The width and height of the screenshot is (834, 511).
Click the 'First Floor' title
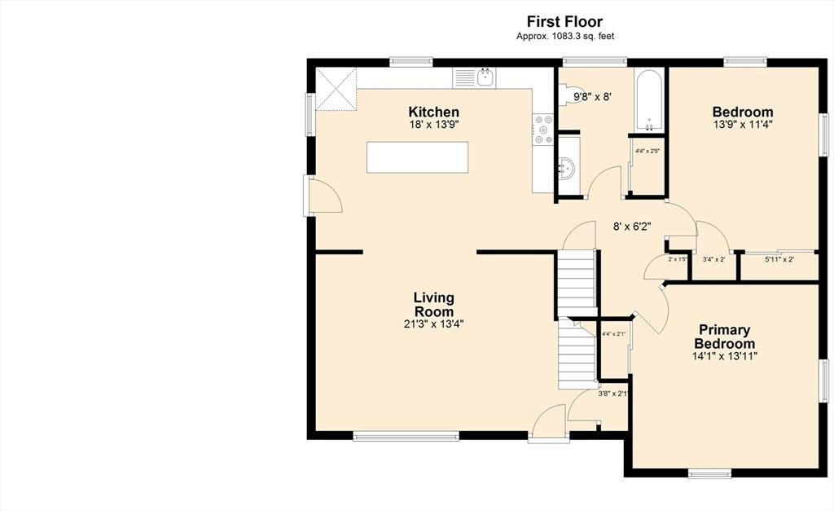point(564,22)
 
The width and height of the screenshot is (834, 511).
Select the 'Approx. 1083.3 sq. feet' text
point(564,36)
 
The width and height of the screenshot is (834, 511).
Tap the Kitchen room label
point(433,112)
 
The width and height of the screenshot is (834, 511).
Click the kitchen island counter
point(418,156)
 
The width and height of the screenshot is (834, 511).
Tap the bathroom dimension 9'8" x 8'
point(592,96)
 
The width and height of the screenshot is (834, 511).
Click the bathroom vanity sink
point(568,167)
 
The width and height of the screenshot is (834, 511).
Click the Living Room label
point(433,305)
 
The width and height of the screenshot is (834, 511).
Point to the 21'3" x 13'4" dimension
point(433,324)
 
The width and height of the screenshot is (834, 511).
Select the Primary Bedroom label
point(722,337)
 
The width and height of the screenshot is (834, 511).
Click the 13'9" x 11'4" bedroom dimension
point(742,126)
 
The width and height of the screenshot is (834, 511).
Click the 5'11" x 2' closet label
point(779,260)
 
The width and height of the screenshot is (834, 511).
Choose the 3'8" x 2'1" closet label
point(613,394)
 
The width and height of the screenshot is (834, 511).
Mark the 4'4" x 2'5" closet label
point(647,151)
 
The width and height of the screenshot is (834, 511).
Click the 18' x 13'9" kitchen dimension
point(433,126)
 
